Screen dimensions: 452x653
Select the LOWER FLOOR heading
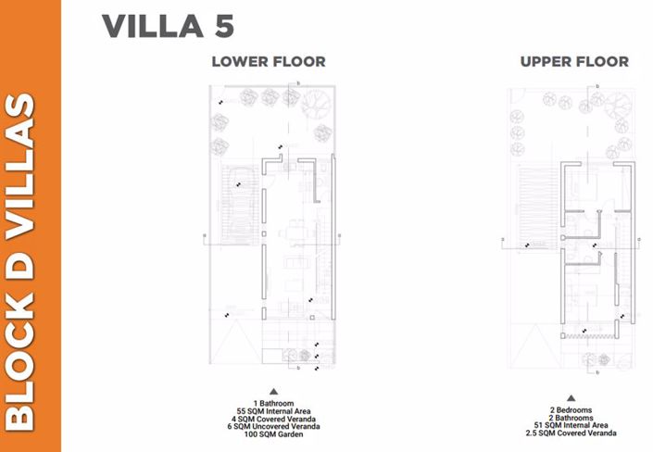268,62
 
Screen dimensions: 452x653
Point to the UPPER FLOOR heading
573,62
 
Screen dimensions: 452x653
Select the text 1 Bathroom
273,403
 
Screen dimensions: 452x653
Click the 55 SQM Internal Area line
273,411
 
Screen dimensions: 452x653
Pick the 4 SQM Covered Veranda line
273,419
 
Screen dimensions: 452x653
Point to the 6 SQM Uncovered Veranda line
273,426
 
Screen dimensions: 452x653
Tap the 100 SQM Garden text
273,433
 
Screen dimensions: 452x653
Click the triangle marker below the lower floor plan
273,393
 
